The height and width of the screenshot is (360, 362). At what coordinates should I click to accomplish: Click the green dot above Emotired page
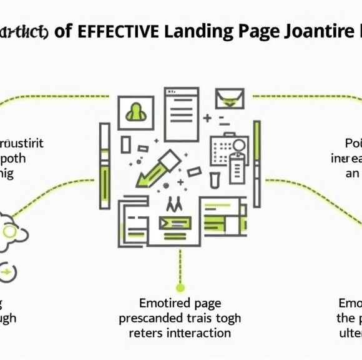(x=180, y=287)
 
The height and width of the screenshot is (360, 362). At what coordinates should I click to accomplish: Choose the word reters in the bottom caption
(x=145, y=332)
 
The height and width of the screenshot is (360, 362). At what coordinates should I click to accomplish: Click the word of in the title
(x=62, y=32)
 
